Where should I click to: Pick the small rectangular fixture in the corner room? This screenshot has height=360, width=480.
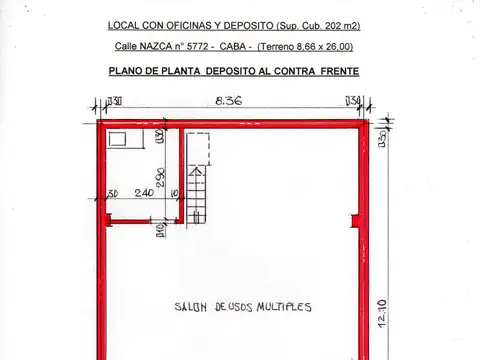119,139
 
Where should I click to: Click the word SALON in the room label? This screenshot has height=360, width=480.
190,307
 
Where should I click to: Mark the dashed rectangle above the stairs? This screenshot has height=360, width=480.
199,148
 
